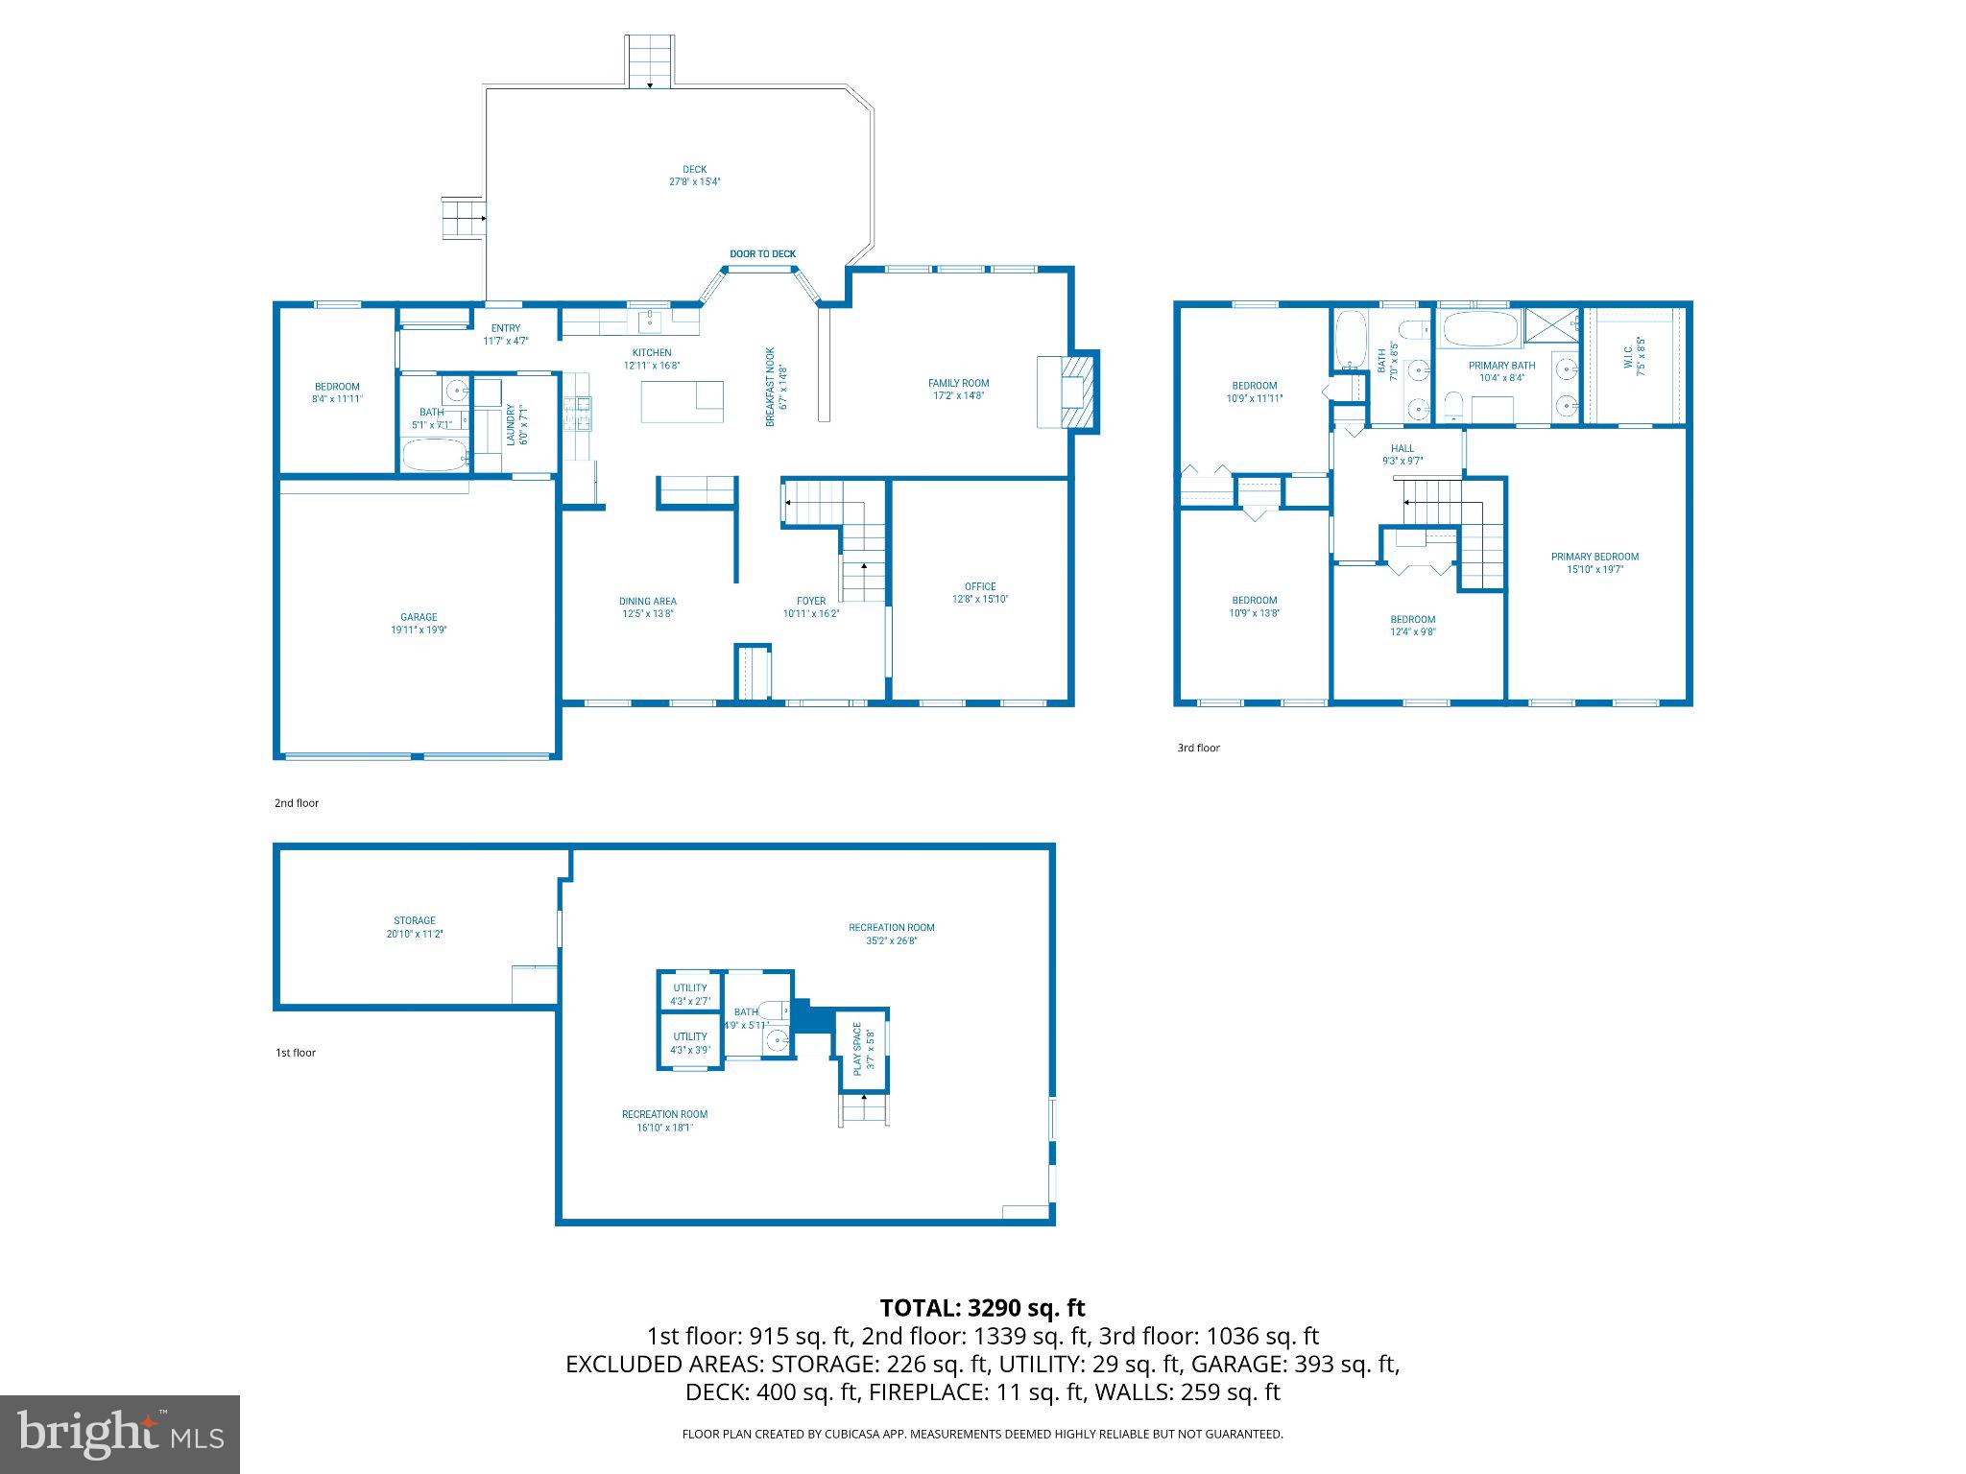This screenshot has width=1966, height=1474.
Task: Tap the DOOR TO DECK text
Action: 762,254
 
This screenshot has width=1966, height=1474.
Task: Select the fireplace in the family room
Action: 1069,392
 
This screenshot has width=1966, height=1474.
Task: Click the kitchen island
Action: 682,401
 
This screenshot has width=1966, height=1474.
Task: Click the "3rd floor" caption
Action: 1198,748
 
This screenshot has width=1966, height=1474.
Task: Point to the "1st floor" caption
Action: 296,1053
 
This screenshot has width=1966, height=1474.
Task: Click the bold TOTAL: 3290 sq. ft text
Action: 982,1307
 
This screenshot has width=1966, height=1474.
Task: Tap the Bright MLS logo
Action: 120,1434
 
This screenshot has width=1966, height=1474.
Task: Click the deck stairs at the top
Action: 651,61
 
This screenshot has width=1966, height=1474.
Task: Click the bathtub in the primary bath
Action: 1479,329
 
